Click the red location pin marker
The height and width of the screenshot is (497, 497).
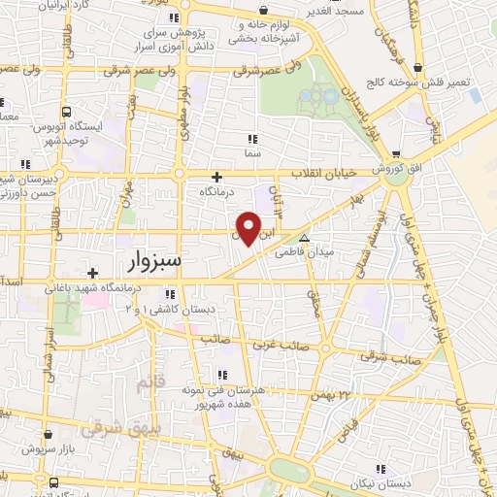pos(248,228)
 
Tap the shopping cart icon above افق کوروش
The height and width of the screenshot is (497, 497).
pos(397,153)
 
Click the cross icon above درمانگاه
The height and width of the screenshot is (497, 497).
pos(216,177)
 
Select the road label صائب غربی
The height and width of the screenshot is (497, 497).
pos(282,346)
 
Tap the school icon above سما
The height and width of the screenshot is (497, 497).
pos(253,139)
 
